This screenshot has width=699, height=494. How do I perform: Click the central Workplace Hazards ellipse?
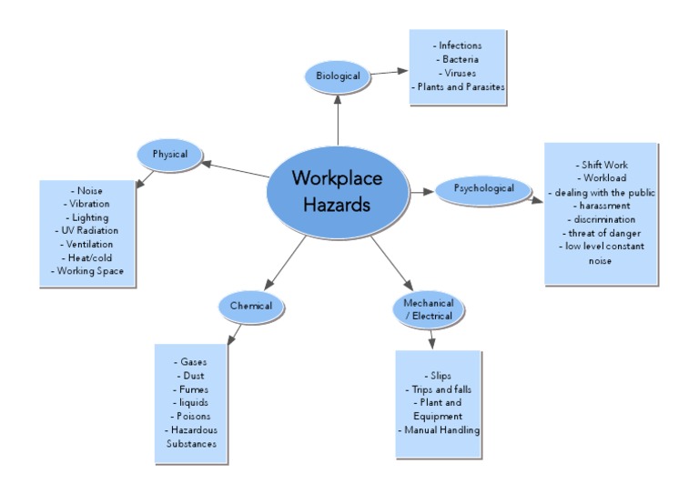337,192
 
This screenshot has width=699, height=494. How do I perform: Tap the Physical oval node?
169,155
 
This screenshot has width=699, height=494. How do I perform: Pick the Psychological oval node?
483,189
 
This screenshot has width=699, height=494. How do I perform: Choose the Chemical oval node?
250,307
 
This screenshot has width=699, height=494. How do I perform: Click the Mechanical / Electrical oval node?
428,309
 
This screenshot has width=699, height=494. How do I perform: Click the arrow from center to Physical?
238,169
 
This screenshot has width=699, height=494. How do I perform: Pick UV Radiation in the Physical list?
88,231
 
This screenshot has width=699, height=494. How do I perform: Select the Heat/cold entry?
88,257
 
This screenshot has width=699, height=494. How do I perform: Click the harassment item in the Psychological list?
600,206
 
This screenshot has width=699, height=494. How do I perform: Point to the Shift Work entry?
600,164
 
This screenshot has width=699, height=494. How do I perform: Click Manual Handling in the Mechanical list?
440,429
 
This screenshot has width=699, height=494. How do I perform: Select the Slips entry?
440,375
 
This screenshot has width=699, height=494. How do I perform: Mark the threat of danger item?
600,233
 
